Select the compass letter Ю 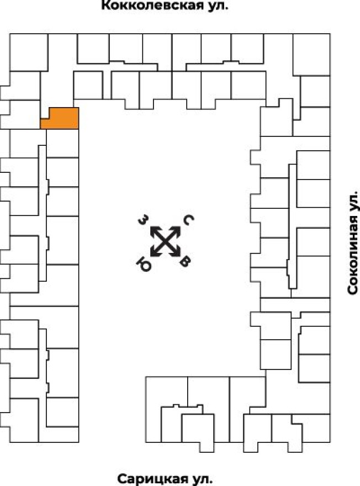point(143,261)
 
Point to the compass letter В point(186,262)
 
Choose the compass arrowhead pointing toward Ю point(153,253)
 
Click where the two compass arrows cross point(165,241)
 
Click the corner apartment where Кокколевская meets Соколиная point(311,54)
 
